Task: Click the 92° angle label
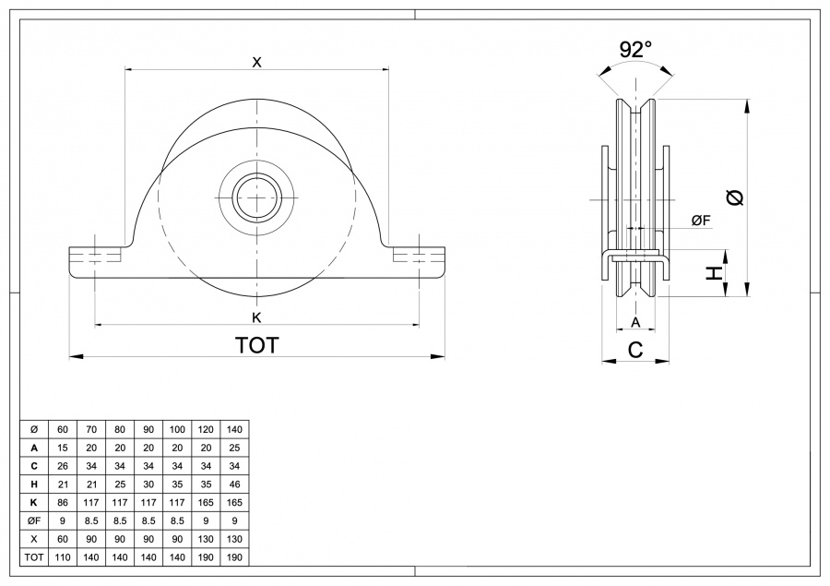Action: [635, 50]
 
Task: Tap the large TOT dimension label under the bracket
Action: [257, 345]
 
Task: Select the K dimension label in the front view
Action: [257, 317]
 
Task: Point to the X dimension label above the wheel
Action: [257, 62]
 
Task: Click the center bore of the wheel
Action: [257, 197]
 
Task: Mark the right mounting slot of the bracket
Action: [420, 255]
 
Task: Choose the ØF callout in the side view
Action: [700, 220]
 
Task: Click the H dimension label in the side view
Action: [713, 273]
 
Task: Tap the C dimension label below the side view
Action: [635, 349]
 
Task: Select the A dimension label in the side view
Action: [635, 322]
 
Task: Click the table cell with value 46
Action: [234, 484]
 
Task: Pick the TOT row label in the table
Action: [34, 557]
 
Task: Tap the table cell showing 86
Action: [63, 503]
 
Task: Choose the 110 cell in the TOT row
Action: [63, 557]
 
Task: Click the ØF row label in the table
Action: [34, 520]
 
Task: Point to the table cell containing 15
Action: [63, 448]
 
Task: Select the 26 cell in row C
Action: [63, 466]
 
